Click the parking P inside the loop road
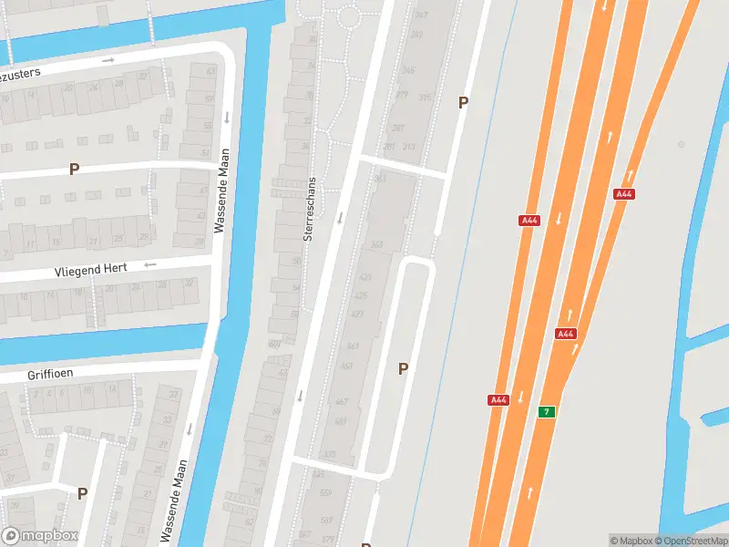point(402,368)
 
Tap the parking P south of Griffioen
point(82,493)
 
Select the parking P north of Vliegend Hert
point(74,169)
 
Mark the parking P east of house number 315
point(463,103)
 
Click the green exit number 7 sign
point(547,411)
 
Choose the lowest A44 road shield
point(498,400)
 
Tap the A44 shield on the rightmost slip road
point(624,194)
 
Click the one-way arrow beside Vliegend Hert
point(150,265)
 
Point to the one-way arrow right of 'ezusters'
point(108,60)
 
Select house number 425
point(360,295)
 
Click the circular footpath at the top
point(349,16)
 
